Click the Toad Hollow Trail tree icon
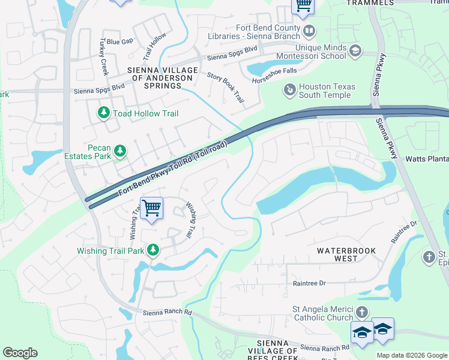click(103, 113)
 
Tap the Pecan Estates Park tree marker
click(120, 151)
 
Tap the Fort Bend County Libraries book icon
click(309, 30)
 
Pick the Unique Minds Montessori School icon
click(355, 50)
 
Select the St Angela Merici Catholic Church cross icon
click(361, 312)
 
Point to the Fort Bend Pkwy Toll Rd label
click(173, 168)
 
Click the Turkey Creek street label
click(103, 58)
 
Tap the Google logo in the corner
click(20, 353)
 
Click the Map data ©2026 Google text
click(411, 355)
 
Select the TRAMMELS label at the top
click(370, 3)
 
